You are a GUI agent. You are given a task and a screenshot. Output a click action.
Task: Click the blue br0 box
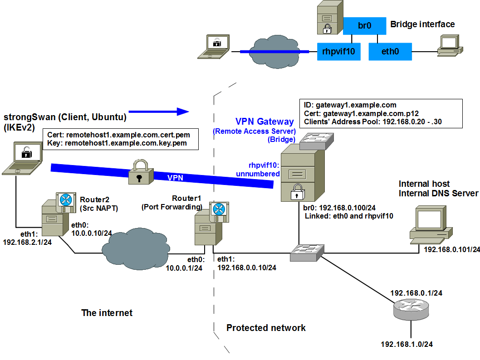364,26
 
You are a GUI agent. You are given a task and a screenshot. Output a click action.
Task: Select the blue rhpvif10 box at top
338,52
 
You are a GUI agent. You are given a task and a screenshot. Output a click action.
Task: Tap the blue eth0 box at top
390,52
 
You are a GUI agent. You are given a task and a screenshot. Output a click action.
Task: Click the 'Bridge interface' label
422,24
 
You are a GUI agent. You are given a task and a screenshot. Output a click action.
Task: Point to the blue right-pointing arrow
158,111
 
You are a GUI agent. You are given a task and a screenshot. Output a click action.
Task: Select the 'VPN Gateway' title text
264,122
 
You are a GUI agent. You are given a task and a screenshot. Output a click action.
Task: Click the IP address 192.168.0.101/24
451,249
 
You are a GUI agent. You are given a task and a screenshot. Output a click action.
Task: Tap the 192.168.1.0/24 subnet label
407,344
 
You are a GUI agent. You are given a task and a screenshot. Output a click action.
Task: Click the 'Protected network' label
266,328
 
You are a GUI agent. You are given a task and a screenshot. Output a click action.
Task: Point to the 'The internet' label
107,313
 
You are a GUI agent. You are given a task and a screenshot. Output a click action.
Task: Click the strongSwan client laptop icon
22,159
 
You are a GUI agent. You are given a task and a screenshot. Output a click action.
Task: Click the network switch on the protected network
308,253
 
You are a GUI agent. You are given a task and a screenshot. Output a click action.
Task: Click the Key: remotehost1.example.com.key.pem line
117,143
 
